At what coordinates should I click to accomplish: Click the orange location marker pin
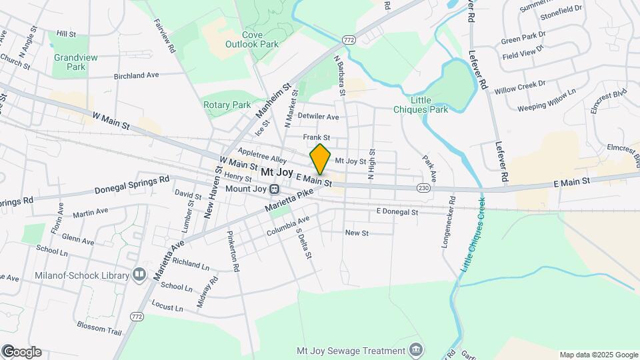[321, 159]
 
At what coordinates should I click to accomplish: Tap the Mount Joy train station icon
[273, 189]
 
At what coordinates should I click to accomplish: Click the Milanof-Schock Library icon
[139, 274]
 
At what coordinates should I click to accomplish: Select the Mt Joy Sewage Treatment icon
[416, 349]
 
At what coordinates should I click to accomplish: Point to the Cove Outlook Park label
[259, 39]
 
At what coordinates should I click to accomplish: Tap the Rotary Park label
[227, 105]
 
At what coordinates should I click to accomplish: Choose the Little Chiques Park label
[429, 105]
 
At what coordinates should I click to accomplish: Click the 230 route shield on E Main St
[423, 189]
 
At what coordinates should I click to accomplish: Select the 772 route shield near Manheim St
[347, 41]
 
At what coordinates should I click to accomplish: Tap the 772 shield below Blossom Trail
[137, 316]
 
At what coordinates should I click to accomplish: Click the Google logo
[22, 352]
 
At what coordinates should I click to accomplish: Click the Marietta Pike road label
[288, 199]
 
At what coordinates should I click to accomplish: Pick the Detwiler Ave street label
[318, 117]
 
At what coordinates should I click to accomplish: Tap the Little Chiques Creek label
[472, 234]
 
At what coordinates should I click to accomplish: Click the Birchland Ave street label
[136, 76]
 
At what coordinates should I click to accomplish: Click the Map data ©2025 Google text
[598, 355]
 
